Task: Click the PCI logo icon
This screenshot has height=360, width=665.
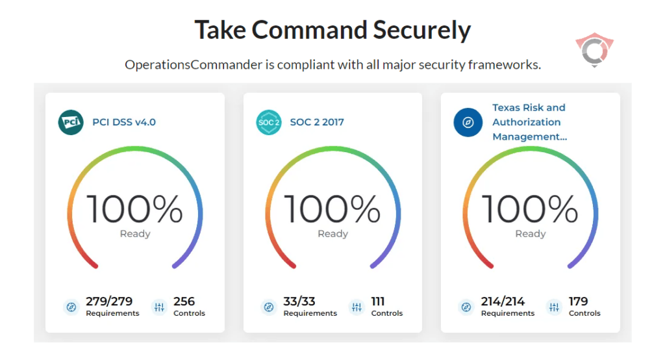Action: [x=71, y=122]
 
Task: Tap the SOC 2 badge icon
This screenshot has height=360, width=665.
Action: [x=269, y=122]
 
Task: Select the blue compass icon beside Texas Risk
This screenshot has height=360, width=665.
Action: [x=467, y=122]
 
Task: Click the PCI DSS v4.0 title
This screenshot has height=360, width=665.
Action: [x=124, y=122]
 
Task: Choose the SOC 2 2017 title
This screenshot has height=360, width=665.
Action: [x=317, y=122]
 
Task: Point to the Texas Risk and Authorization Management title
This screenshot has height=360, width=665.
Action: [x=529, y=122]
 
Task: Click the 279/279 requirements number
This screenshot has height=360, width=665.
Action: [x=109, y=302]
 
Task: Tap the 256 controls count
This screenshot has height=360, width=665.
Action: [x=184, y=302]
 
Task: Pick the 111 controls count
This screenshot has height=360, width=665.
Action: [x=378, y=302]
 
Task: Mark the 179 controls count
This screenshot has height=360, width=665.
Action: [x=578, y=302]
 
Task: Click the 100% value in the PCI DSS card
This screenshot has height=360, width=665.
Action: [x=135, y=209]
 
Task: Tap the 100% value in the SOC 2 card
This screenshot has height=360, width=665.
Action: [x=332, y=209]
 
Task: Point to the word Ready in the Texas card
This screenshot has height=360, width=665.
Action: [x=531, y=234]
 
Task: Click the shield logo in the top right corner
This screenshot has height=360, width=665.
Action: [x=594, y=51]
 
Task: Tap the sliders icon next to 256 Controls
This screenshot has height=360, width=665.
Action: [x=159, y=307]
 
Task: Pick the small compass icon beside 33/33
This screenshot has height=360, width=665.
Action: [x=268, y=307]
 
